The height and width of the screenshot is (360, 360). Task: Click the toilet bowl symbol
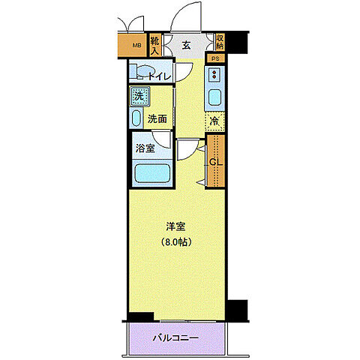140,73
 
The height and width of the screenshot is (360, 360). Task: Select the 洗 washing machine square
138,96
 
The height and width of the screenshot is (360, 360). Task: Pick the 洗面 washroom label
157,118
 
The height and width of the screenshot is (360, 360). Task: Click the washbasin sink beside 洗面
136,118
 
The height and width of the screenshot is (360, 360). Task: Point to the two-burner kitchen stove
215,76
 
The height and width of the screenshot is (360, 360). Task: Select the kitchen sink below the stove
215,99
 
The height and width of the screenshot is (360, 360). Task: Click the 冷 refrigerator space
214,121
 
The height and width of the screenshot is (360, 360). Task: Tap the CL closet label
214,162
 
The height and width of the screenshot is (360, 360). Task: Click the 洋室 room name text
176,226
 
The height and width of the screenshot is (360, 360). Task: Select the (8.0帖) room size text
176,241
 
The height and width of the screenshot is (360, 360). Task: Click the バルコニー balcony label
177,337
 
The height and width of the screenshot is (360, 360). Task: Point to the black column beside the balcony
236,309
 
